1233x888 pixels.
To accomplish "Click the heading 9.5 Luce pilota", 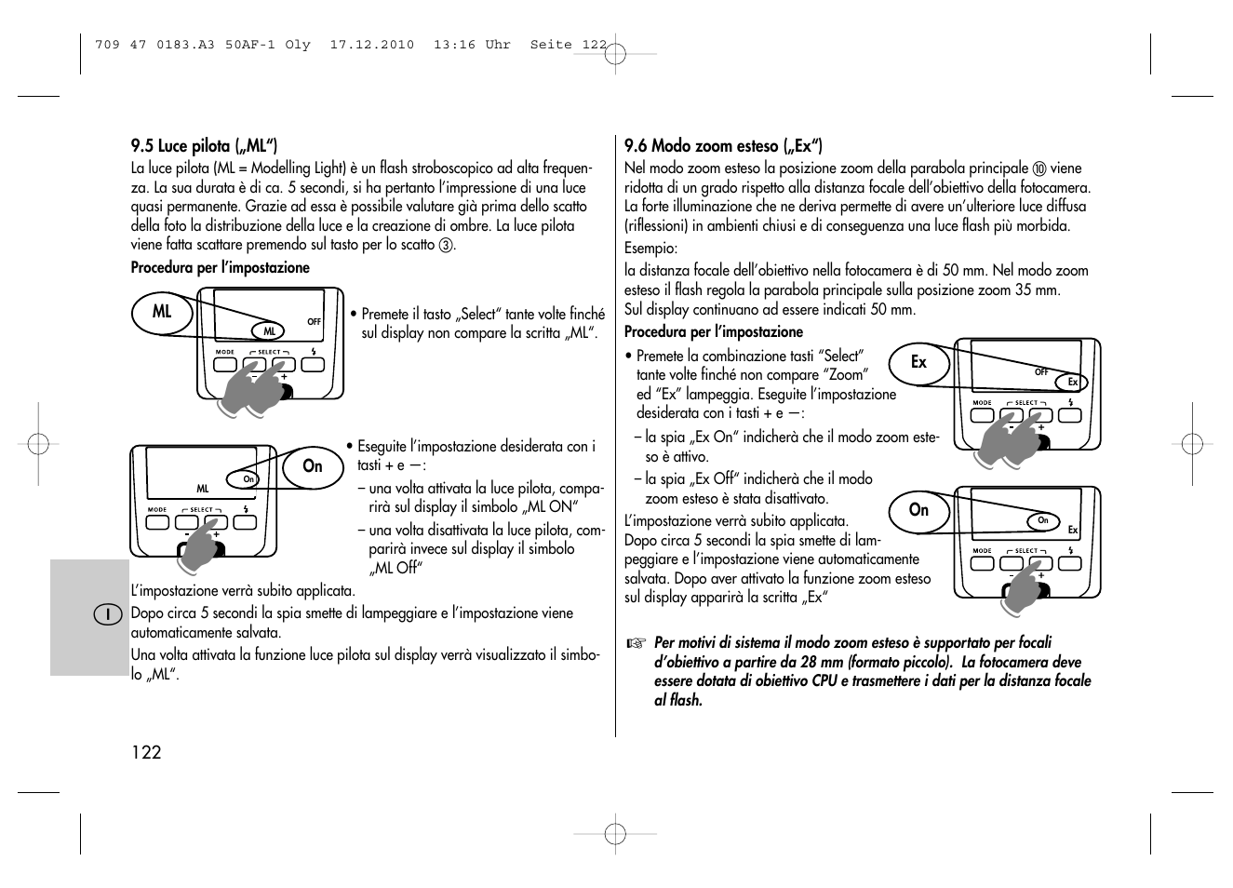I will pos(204,146).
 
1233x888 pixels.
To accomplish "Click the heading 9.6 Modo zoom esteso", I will pos(723,146).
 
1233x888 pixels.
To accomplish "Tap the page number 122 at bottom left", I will pos(146,752).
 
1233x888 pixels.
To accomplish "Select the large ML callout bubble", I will pos(162,312).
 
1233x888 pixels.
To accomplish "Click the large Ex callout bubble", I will pos(918,362).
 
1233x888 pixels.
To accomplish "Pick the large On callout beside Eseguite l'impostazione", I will pos(313,466).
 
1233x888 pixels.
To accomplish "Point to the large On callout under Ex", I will pos(918,510).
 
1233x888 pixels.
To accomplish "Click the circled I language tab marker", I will pos(109,614).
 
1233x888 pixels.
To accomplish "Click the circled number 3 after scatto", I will pos(446,246).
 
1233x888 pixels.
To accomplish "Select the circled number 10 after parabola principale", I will pos(1039,169).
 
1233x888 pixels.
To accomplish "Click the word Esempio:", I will pos(650,249).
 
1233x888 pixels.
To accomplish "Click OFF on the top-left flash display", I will pos(315,322).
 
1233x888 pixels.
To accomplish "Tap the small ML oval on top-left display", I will pos(270,331).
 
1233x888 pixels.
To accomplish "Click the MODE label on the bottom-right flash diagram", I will pos(982,550).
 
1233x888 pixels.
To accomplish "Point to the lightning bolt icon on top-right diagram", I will pos(1071,403).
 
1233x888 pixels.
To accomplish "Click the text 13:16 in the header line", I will pos(454,45).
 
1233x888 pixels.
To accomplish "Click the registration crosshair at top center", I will pos(615,54).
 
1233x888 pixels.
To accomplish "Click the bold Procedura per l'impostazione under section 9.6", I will pos(713,332).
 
